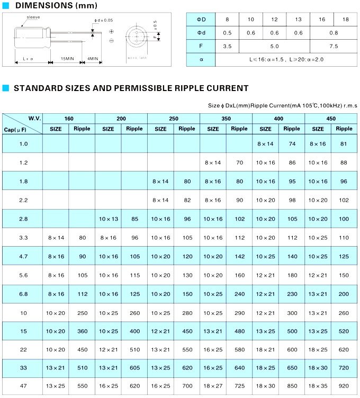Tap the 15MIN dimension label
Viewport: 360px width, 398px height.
(x=67, y=58)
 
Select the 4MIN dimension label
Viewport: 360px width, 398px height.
(x=93, y=58)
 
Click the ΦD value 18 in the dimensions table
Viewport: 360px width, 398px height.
(x=346, y=20)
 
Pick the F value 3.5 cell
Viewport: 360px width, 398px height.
(x=228, y=46)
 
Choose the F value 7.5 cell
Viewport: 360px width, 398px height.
(x=334, y=46)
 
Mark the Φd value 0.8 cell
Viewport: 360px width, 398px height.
(x=334, y=33)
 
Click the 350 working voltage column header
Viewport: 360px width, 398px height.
(x=226, y=118)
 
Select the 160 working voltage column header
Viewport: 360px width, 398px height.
(x=69, y=118)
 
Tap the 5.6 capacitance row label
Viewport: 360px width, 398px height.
(x=23, y=275)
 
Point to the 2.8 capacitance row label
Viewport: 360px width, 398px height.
(x=23, y=219)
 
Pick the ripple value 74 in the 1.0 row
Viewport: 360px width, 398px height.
(x=292, y=144)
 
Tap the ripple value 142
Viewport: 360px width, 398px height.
(x=239, y=257)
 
